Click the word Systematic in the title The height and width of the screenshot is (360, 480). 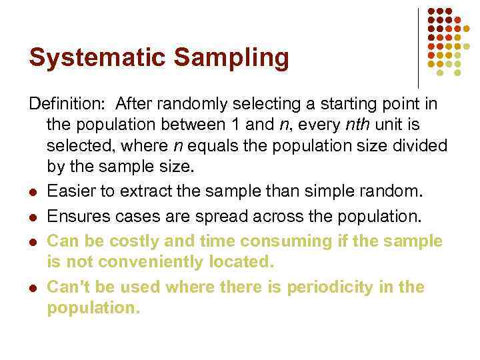pos(98,58)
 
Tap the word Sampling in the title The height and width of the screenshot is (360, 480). pos(232,58)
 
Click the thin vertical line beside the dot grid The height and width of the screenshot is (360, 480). pos(418,47)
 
